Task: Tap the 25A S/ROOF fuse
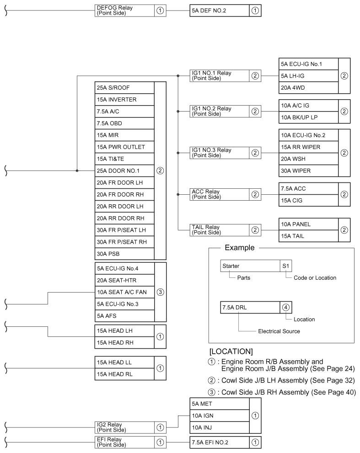(x=124, y=87)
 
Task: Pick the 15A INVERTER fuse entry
(x=124, y=99)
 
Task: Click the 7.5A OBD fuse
(x=124, y=123)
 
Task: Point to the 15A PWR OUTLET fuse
(x=124, y=147)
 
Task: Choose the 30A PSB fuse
(x=124, y=253)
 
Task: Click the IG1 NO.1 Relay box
(x=219, y=75)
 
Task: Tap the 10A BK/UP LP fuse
(x=307, y=117)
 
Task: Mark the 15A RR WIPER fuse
(x=307, y=147)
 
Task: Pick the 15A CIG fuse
(x=307, y=201)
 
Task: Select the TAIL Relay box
(x=219, y=230)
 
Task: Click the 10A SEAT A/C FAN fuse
(x=124, y=292)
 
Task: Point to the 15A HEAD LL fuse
(x=124, y=362)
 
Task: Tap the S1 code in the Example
(x=286, y=266)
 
